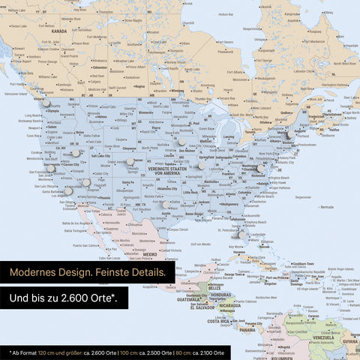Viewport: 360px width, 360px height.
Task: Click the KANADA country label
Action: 59,31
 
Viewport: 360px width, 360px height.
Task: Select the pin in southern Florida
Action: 241,235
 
